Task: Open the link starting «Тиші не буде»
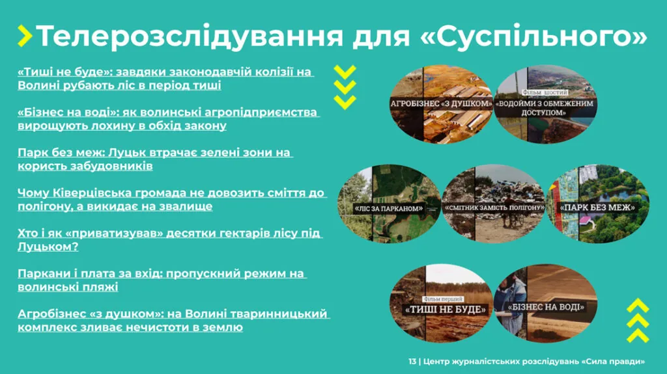coord(165,79)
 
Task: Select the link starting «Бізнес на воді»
coord(168,119)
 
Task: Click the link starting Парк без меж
coord(155,159)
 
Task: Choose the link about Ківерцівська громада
coord(172,200)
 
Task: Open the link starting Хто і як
coord(169,240)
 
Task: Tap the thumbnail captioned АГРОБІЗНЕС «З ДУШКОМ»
coord(440,104)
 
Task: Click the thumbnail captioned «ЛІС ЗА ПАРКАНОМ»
coord(388,204)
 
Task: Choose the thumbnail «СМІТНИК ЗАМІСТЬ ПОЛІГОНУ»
coord(493,204)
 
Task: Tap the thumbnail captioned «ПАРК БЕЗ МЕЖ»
coord(597,204)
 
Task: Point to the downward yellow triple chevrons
coord(345,86)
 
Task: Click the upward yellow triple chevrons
coord(638,320)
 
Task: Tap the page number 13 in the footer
coord(412,361)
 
